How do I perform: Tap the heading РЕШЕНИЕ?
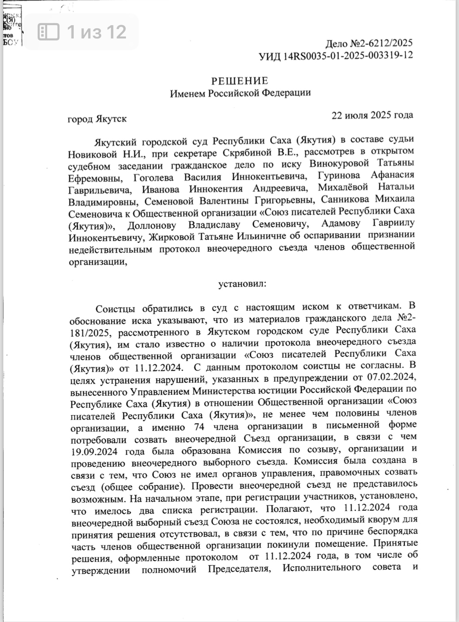tap(240, 81)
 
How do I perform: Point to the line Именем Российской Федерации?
tap(240, 93)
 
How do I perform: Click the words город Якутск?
tap(97, 118)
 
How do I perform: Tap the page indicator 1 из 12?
tap(97, 31)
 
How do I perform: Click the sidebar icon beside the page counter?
tap(49, 31)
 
